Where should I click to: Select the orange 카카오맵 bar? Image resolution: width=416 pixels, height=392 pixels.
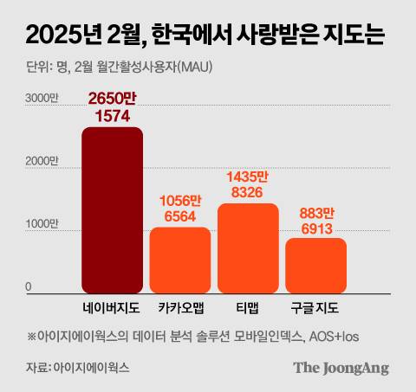(180, 260)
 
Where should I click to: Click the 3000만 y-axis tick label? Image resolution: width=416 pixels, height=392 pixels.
(40, 100)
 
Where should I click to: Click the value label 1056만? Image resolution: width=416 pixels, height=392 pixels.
(179, 201)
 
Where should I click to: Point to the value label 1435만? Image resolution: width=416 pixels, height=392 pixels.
(248, 177)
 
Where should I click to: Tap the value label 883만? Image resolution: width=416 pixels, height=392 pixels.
(316, 212)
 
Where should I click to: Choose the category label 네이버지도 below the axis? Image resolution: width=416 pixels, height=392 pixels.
(112, 308)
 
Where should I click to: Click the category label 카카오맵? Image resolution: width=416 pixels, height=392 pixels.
(180, 308)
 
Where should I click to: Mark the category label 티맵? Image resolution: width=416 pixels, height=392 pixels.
(248, 308)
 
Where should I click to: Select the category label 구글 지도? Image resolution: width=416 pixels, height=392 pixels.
(315, 308)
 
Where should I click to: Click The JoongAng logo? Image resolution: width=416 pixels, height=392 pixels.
(341, 368)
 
